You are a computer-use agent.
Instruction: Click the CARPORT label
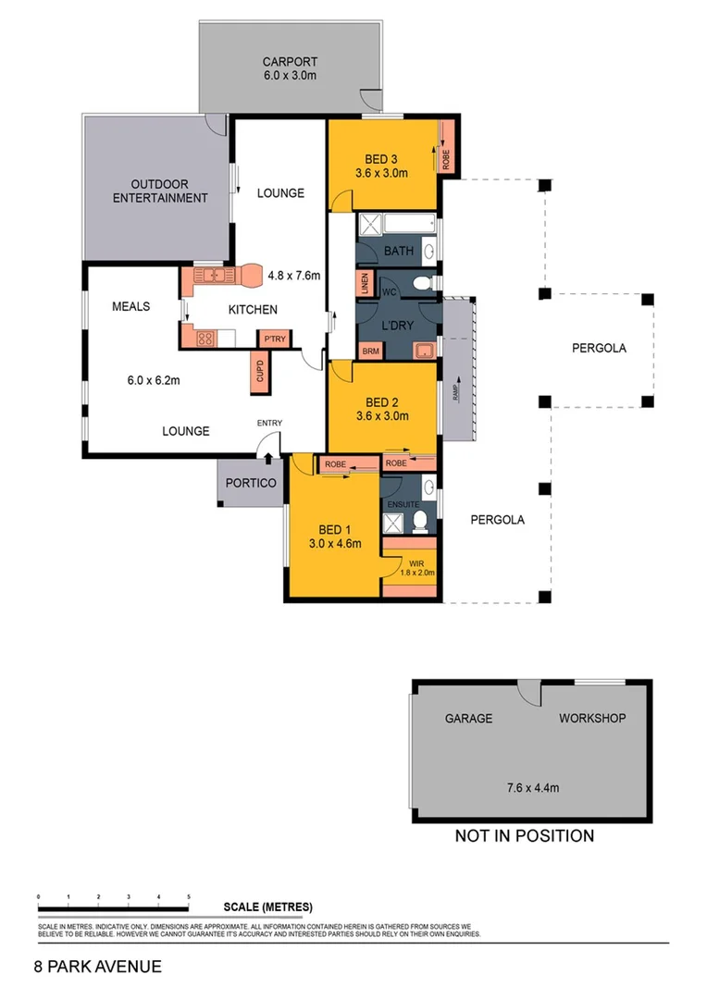point(289,62)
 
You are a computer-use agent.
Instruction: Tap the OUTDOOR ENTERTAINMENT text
point(160,191)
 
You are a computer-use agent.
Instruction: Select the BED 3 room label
point(381,158)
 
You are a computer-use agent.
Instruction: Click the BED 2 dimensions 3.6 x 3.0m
point(381,415)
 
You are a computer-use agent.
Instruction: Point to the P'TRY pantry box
point(274,339)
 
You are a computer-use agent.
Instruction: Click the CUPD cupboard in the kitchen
point(260,373)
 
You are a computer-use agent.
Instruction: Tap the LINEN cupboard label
point(365,285)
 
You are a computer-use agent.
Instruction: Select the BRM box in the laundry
point(370,351)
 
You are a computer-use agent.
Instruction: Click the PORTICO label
point(251,484)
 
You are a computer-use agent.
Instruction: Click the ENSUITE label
point(403,504)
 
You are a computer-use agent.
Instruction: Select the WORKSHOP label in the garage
point(592,718)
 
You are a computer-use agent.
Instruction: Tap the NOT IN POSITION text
point(524,836)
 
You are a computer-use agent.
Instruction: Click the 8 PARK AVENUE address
point(97,967)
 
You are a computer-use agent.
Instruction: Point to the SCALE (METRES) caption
point(267,906)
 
